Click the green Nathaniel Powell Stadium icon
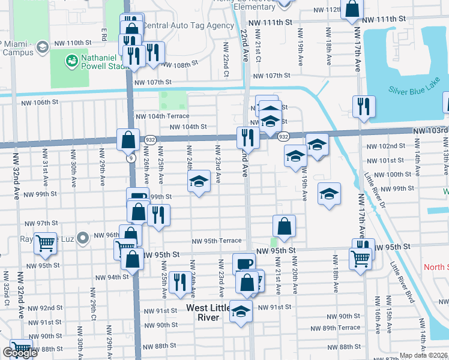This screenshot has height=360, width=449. [72, 61]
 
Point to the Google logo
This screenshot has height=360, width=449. [19, 353]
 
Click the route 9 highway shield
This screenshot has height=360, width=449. [130, 158]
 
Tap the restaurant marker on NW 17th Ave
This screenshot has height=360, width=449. [364, 106]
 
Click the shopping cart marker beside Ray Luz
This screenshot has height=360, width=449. [45, 242]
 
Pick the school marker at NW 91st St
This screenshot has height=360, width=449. [241, 311]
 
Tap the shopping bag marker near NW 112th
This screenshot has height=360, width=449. [352, 9]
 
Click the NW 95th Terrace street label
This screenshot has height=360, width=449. [217, 241]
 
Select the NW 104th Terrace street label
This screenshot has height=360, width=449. [162, 116]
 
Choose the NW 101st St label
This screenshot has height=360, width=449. [387, 160]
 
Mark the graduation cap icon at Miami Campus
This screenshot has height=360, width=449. [42, 46]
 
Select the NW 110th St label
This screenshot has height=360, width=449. [71, 43]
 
